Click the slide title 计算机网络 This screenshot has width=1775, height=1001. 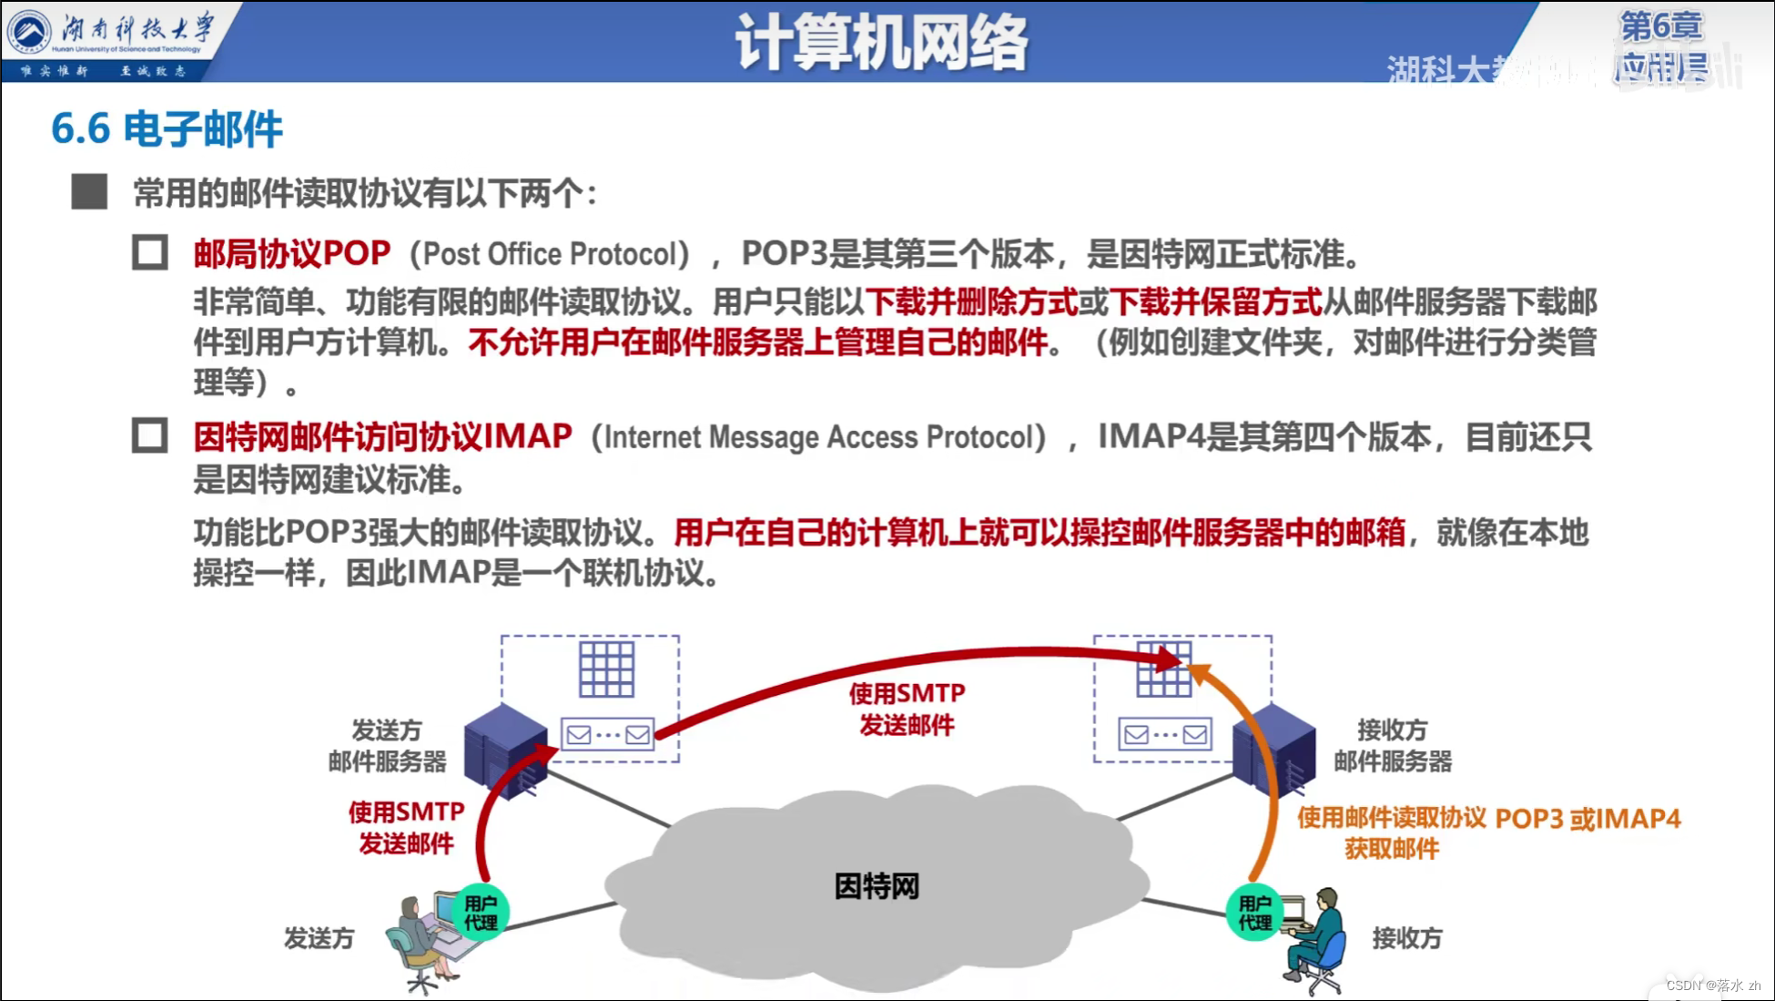881,42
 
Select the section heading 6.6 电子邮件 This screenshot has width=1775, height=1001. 167,128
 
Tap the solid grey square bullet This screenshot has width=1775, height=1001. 89,192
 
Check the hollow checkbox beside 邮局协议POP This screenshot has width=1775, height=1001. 150,252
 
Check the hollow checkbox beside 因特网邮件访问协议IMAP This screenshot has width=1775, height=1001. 150,435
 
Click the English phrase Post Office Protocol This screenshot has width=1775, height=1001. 550,254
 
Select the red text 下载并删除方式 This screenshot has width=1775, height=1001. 971,301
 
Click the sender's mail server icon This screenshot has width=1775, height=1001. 505,749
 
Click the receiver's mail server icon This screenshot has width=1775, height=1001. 1274,749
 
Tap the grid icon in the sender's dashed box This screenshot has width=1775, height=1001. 606,669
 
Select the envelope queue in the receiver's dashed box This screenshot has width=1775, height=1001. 1165,734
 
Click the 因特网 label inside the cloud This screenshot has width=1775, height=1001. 877,885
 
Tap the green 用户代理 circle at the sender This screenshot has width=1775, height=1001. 480,912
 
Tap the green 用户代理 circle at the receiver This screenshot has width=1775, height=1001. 1254,912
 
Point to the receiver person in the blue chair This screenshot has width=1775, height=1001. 1317,943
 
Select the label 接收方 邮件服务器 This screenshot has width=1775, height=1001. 1392,745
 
